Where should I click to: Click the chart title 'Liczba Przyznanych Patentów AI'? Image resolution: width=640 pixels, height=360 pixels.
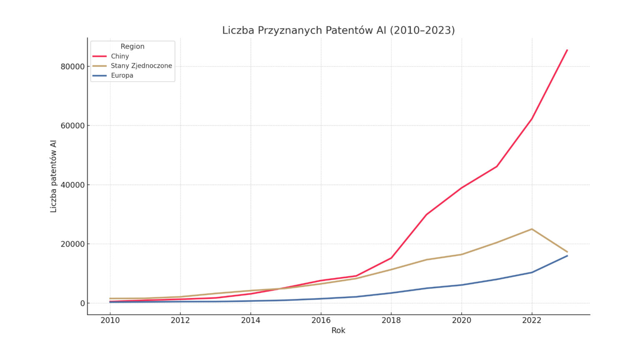[338, 30]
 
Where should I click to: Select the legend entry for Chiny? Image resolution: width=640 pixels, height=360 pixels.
[120, 56]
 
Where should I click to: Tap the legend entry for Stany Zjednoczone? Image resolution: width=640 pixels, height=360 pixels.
[141, 66]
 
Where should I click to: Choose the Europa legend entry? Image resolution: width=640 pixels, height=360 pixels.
[122, 75]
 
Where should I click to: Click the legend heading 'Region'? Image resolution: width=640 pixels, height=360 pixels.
[132, 46]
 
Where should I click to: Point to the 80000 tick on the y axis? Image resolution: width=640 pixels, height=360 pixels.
[72, 67]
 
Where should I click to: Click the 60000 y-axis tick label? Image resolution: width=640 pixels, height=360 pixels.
[72, 126]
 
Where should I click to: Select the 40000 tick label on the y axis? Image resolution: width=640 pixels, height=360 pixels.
[72, 185]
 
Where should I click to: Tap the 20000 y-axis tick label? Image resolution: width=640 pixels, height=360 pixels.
[72, 244]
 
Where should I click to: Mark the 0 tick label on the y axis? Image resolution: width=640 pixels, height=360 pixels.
[82, 303]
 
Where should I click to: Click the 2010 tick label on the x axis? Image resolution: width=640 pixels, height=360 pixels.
[110, 320]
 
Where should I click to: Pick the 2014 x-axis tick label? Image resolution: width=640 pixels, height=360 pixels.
[250, 320]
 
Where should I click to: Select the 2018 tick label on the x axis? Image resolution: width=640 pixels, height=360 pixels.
[391, 320]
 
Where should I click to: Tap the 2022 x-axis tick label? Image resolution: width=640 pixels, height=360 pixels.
[532, 320]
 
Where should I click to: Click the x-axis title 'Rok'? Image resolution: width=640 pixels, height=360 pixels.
[338, 330]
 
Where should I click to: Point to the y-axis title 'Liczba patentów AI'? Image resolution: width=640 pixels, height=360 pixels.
[53, 176]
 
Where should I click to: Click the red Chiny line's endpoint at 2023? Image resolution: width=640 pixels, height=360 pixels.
[567, 50]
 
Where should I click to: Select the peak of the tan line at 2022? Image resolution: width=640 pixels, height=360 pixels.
[532, 229]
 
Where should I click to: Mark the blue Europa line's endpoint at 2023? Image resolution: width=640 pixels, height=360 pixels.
[567, 255]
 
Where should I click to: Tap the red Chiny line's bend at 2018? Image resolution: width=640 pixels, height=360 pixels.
[391, 258]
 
